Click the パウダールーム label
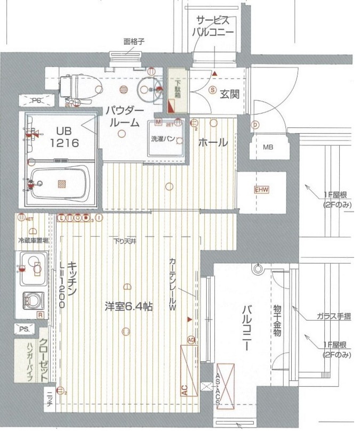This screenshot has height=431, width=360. point(123,116)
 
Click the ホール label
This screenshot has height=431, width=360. point(213,142)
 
